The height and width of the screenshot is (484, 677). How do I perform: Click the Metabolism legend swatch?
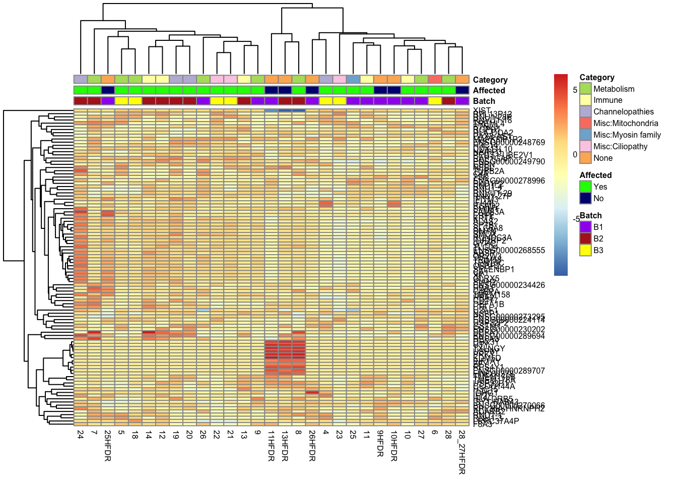pos(585,89)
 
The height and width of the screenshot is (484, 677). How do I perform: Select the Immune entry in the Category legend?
pos(607,100)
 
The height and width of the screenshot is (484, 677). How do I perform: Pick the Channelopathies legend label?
pos(623,112)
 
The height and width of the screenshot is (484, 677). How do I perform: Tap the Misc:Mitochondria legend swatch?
pos(585,124)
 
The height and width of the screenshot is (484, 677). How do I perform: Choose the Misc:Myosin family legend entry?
pos(627,135)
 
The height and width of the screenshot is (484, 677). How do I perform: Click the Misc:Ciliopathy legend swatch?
pos(585,147)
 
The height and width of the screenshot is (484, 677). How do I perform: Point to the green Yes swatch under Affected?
pos(585,187)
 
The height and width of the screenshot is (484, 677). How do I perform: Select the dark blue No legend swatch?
pos(585,198)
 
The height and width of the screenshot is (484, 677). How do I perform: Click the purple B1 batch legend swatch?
pos(585,227)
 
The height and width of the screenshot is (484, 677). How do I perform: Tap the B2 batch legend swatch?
pos(585,238)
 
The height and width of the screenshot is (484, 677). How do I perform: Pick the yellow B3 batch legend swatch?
pos(585,250)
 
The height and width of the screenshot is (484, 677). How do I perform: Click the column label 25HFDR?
pos(108,445)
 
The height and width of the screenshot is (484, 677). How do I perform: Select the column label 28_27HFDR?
pos(462,452)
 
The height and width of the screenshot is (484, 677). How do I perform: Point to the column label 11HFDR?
pos(271,445)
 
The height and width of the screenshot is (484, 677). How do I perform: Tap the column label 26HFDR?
pos(312,445)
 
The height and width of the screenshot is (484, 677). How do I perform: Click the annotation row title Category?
pos(490,80)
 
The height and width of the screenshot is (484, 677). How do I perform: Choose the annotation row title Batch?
pos(484,101)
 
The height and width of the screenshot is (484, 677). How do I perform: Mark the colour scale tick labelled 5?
pos(575,90)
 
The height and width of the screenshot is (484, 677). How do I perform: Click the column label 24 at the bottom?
pos(81,435)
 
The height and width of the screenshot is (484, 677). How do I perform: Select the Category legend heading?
pos(597,77)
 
